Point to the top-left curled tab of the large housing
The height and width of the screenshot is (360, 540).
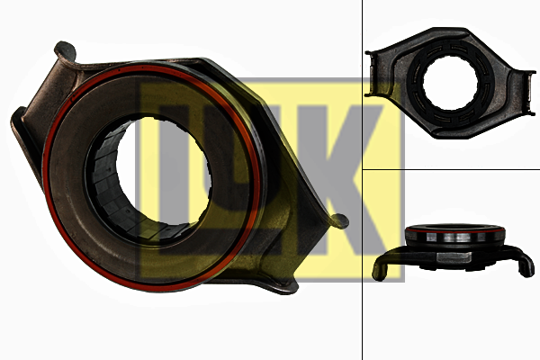coord(65,50)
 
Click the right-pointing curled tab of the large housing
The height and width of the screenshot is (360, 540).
coord(339,220)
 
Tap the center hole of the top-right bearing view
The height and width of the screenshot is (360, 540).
coord(450,83)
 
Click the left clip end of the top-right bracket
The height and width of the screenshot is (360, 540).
coord(371,74)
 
